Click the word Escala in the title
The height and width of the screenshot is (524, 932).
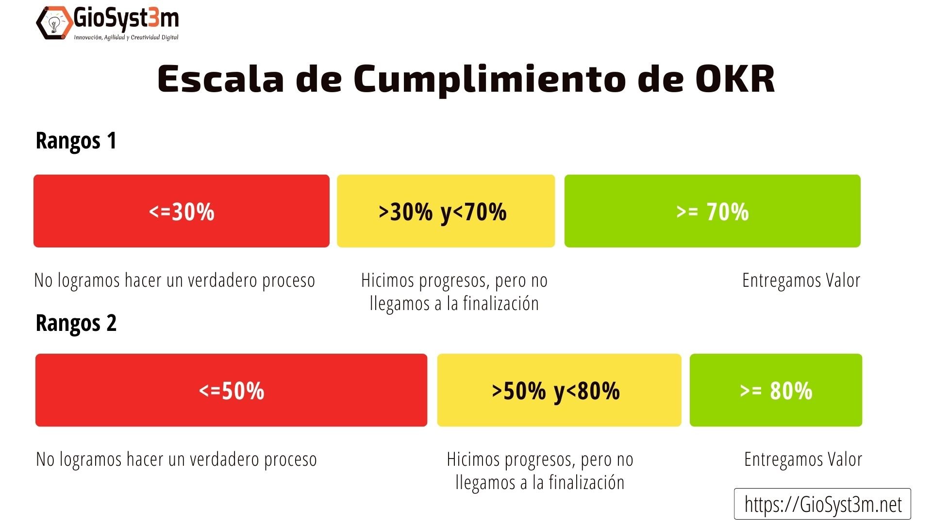pyautogui.click(x=221, y=79)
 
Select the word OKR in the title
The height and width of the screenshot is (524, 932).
pyautogui.click(x=734, y=79)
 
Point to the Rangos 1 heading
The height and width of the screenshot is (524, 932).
pyautogui.click(x=76, y=141)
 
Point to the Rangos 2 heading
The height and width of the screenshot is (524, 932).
pyautogui.click(x=76, y=323)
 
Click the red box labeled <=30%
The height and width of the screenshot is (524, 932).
pyautogui.click(x=181, y=211)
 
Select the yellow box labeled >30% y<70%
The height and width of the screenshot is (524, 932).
pyautogui.click(x=446, y=211)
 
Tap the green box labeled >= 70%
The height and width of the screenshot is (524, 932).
pyautogui.click(x=712, y=211)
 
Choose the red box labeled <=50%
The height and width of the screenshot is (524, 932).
pyautogui.click(x=231, y=390)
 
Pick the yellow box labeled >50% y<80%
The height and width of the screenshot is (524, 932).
pyautogui.click(x=559, y=390)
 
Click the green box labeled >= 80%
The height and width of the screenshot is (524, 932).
pyautogui.click(x=775, y=390)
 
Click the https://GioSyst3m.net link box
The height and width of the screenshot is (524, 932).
pyautogui.click(x=822, y=504)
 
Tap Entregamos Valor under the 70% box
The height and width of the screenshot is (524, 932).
pyautogui.click(x=801, y=280)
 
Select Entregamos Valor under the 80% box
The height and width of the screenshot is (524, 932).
pyautogui.click(x=803, y=459)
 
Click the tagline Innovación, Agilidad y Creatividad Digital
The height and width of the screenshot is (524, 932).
pyautogui.click(x=126, y=37)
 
